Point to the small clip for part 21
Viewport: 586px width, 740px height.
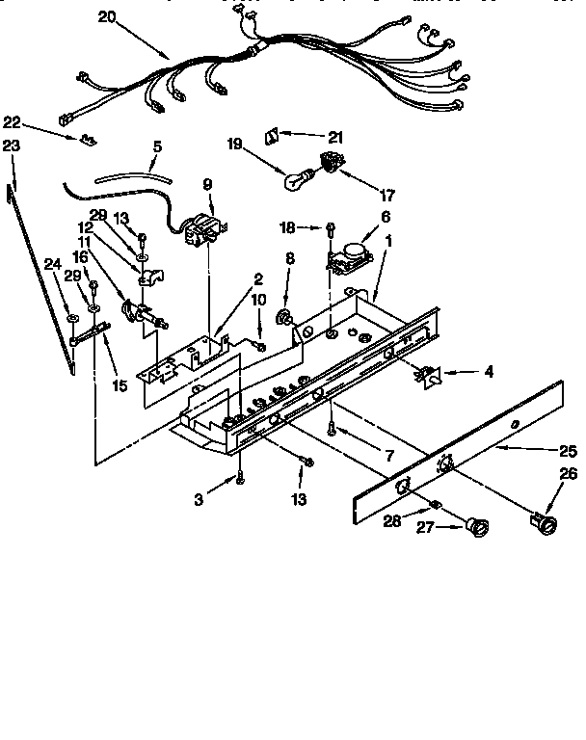[273, 134]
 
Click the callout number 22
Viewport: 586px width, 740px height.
[12, 121]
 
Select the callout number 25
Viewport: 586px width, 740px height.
[568, 449]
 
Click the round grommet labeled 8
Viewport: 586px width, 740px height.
[286, 317]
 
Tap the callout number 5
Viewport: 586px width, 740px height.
[157, 146]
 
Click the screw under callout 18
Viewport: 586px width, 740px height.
[332, 228]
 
